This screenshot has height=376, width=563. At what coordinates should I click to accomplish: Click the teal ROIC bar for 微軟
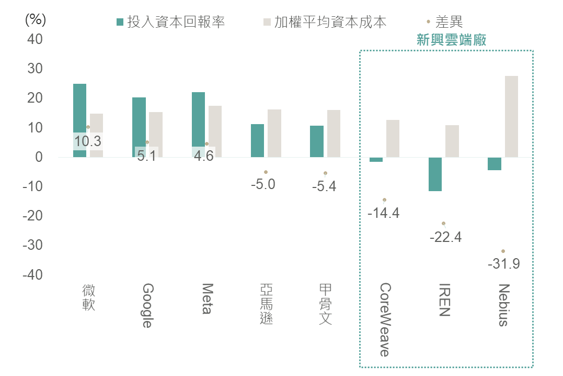(x=79, y=120)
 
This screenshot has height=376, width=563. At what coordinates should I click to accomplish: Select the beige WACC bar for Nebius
(x=511, y=117)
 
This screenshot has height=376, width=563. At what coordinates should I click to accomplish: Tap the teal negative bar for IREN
(x=435, y=174)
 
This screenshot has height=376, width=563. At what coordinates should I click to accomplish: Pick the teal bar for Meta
(x=198, y=125)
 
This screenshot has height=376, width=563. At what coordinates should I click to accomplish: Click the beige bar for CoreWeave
(x=393, y=139)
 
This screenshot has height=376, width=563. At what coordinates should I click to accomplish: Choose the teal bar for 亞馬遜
(x=257, y=141)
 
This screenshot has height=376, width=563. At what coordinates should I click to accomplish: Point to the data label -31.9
(x=504, y=264)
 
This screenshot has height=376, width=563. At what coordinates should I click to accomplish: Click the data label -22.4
(x=445, y=237)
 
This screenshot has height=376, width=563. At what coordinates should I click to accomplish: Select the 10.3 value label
(x=88, y=141)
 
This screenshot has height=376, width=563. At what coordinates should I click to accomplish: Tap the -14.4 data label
(x=384, y=213)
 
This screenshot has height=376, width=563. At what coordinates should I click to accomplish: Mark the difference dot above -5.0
(x=266, y=172)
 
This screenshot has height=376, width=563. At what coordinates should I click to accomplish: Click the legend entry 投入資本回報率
(x=171, y=22)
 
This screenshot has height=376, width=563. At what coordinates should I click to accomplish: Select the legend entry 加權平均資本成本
(x=325, y=22)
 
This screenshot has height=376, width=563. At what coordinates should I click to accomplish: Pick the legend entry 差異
(x=445, y=22)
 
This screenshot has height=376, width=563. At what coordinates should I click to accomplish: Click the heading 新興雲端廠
(x=451, y=40)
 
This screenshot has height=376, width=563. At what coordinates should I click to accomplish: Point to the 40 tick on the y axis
(x=35, y=39)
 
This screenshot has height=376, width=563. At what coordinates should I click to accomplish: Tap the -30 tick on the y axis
(x=33, y=245)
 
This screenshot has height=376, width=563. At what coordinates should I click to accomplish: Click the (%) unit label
(x=36, y=19)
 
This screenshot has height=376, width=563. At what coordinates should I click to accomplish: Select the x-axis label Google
(x=148, y=305)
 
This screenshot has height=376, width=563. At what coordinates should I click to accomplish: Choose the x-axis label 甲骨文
(x=325, y=304)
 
